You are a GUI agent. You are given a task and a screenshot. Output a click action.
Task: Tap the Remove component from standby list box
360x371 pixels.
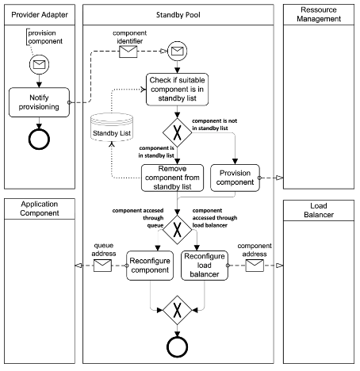tap(172, 178)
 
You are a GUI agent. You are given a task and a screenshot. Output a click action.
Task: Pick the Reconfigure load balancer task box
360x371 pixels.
tap(206, 264)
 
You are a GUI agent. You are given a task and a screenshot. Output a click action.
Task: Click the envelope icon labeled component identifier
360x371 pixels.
tap(129, 52)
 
